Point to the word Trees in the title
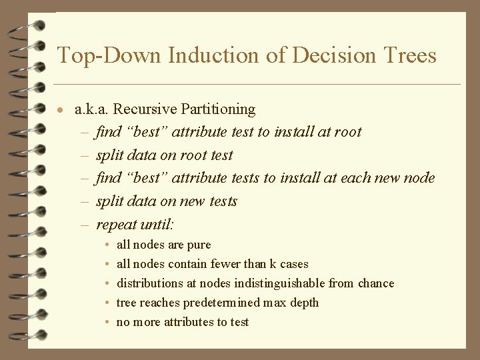(409, 55)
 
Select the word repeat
(116, 225)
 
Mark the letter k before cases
(273, 264)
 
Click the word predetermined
(221, 303)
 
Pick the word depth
(304, 303)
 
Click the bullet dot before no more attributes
(109, 323)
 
